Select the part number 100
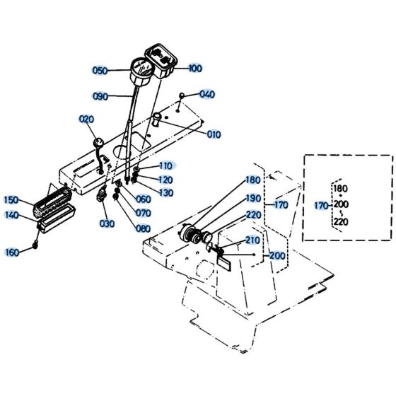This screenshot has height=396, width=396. [195, 68]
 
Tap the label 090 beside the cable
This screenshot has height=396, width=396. [101, 97]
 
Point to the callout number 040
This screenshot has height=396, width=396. [207, 94]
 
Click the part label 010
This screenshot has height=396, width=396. [214, 134]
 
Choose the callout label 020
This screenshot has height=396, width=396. [86, 119]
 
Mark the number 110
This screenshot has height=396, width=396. [165, 165]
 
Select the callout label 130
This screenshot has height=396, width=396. [165, 193]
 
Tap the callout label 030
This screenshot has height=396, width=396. [107, 224]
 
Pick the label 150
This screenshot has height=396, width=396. [12, 200]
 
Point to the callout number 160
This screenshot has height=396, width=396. [12, 252]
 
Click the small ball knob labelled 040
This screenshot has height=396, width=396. [182, 94]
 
